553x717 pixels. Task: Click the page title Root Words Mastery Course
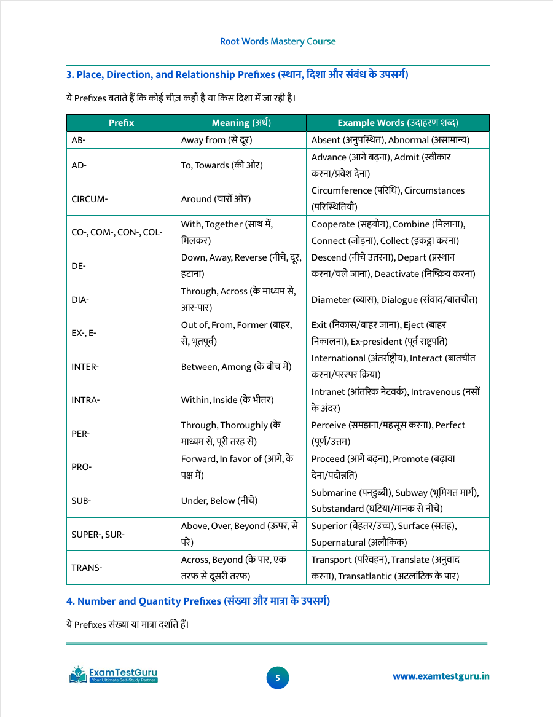[x=278, y=42]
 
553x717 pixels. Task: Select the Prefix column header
[x=121, y=123]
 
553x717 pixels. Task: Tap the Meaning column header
[x=241, y=123]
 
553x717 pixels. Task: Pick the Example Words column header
[x=398, y=123]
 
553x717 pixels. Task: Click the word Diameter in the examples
[x=331, y=300]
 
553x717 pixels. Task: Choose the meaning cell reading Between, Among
[x=236, y=367]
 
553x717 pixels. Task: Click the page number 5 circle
[x=277, y=678]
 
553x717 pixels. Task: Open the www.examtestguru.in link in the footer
[x=441, y=676]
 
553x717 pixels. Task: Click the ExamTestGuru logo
[x=114, y=674]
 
